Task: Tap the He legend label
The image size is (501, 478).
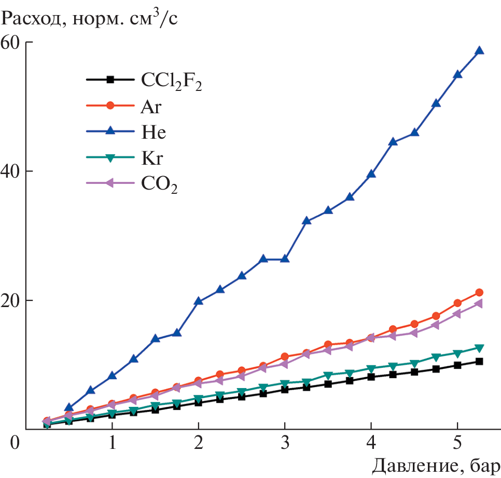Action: [152, 132]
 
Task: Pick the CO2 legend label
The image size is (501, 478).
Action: [159, 184]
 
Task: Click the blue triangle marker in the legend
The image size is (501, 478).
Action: [110, 131]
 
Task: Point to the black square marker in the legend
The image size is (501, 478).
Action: [110, 79]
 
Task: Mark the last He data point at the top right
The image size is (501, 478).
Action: [479, 50]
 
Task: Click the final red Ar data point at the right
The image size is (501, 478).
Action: [479, 293]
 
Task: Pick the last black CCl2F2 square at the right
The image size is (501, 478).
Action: [479, 361]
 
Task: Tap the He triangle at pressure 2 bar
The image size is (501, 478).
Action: [198, 301]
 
